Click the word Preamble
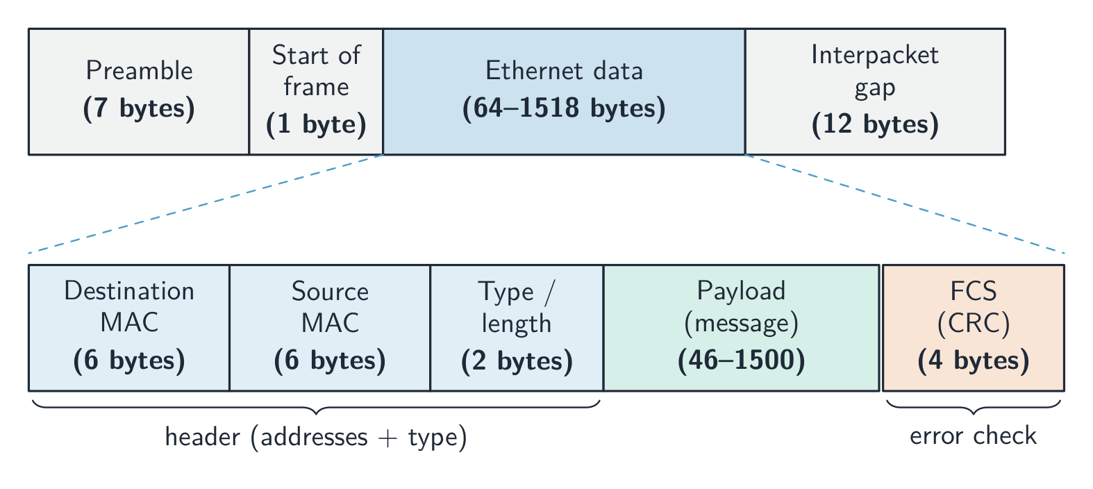click(x=140, y=70)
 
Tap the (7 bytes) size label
click(x=139, y=108)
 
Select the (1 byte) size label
click(x=316, y=124)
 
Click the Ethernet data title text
click(x=564, y=70)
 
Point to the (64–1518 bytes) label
click(x=564, y=108)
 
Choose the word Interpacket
click(x=875, y=56)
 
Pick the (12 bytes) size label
click(x=875, y=124)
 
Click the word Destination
click(x=129, y=291)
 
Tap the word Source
click(x=331, y=291)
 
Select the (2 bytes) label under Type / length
click(x=517, y=361)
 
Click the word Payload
click(x=741, y=292)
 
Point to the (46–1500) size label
click(x=741, y=361)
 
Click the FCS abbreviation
click(x=974, y=291)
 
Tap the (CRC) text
click(x=974, y=323)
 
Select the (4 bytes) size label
click(x=974, y=361)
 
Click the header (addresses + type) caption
click(x=316, y=438)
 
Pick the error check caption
click(x=974, y=436)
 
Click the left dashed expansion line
click(x=206, y=204)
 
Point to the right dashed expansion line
click(x=905, y=204)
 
